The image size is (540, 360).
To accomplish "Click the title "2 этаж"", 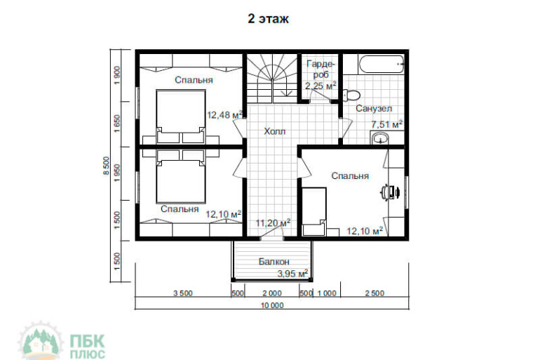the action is point(269,19).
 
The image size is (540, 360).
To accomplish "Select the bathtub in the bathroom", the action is point(381,64).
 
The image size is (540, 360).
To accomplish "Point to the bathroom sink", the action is point(381,138).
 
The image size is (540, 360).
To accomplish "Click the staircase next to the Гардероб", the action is point(272,78).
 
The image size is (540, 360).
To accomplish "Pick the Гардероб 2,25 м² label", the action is point(320,75).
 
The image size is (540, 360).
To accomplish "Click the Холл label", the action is point(275,131).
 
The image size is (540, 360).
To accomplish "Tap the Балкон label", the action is point(274,262).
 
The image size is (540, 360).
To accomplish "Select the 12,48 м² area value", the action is point(225,114).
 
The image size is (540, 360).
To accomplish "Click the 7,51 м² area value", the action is point(386,124).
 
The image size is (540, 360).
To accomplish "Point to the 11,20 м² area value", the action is point(273,223).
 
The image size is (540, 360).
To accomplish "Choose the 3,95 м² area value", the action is point(292,274).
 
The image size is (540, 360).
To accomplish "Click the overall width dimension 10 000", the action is point(272,305).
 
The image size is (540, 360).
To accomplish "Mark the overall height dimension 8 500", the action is point(107,166).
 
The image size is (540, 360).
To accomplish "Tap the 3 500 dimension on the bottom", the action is point(183,293).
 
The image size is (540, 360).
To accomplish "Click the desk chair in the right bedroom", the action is point(389,192).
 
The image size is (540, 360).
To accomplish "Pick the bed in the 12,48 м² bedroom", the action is point(181,116).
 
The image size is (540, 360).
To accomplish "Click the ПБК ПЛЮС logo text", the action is point(88,347).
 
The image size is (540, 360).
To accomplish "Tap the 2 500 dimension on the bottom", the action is point(374,293).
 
